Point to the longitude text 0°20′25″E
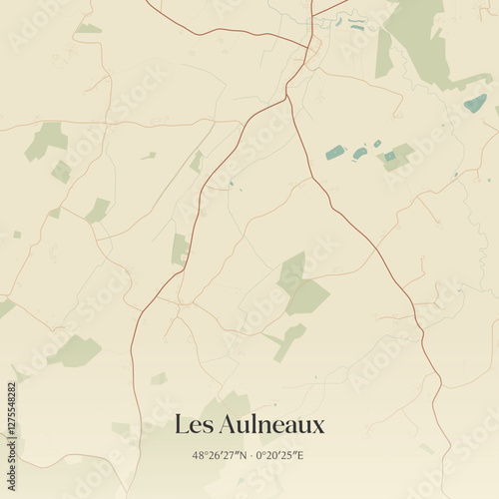pos(279,456)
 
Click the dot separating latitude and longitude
pos(249,456)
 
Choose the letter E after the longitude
pos(300,456)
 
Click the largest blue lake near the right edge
pos(475,103)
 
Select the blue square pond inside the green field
pos(389,156)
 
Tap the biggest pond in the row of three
pos(335,153)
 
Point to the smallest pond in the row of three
pos(377,144)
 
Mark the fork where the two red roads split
pos(287,96)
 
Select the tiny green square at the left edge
pos(17,235)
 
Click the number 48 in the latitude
pos(198,456)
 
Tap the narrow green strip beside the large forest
pos(384,55)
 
